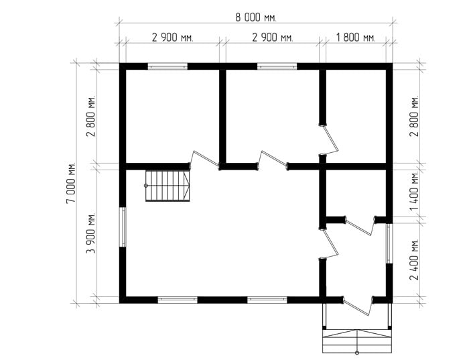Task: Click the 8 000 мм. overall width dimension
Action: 256,17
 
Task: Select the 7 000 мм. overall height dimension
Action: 71,183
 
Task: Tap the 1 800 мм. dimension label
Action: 356,38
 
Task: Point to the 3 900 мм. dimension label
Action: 90,233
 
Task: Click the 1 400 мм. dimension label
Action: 415,190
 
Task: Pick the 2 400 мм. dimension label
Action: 415,259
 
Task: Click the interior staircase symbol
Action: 167,186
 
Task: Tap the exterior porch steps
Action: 357,341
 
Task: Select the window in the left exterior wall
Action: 123,227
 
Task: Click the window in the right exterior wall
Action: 389,243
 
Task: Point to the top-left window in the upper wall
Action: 167,66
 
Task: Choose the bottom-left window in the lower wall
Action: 178,300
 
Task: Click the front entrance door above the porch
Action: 358,306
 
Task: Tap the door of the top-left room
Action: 205,159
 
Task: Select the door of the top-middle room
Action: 273,159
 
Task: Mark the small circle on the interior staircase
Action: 146,186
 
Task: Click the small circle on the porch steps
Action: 357,352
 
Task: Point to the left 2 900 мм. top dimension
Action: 173,38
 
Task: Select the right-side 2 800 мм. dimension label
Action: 415,116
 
